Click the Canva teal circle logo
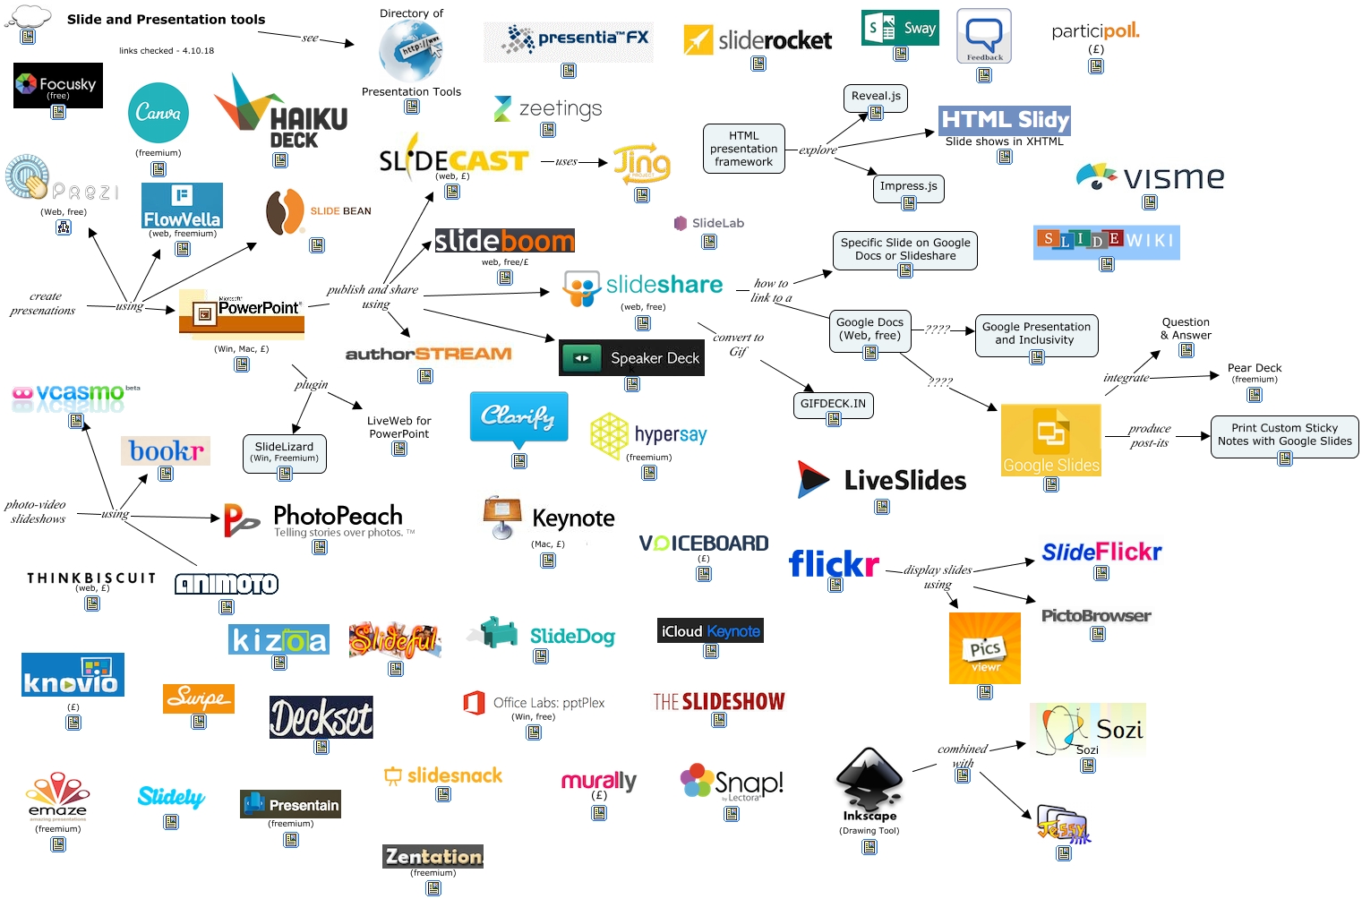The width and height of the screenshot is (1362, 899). [x=158, y=114]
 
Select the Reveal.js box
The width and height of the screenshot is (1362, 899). [x=876, y=97]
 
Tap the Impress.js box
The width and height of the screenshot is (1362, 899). [x=908, y=187]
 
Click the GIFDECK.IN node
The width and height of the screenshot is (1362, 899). [x=833, y=404]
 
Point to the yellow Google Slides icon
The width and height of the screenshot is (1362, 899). [x=1050, y=440]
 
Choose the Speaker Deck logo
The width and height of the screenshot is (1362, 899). [x=631, y=358]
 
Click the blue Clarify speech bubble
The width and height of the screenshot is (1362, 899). [x=518, y=417]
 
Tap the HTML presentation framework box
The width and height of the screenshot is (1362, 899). [x=743, y=149]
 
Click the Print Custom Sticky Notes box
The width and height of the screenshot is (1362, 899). [x=1284, y=435]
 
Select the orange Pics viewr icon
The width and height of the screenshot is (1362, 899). [x=985, y=648]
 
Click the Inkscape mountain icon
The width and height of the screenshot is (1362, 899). [x=868, y=780]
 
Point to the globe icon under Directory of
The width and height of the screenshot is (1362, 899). [x=410, y=52]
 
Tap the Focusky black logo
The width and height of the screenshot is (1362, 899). [x=58, y=85]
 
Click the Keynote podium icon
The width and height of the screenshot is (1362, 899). [x=502, y=518]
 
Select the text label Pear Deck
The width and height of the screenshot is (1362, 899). [x=1255, y=368]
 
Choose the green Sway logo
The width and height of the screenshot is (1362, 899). [x=900, y=28]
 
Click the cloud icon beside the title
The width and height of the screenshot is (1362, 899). [x=30, y=17]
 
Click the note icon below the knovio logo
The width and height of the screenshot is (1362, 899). [x=73, y=723]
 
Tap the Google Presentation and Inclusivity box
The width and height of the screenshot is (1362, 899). [x=1036, y=334]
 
